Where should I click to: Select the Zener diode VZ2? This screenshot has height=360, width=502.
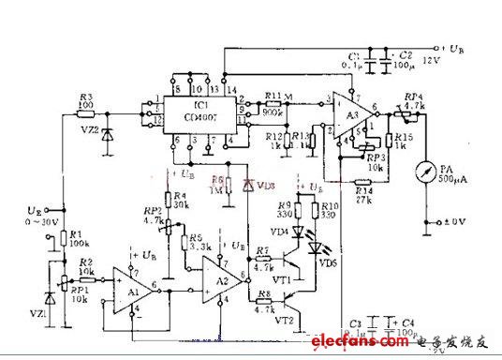(111, 134)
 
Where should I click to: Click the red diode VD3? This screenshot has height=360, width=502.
(248, 186)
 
